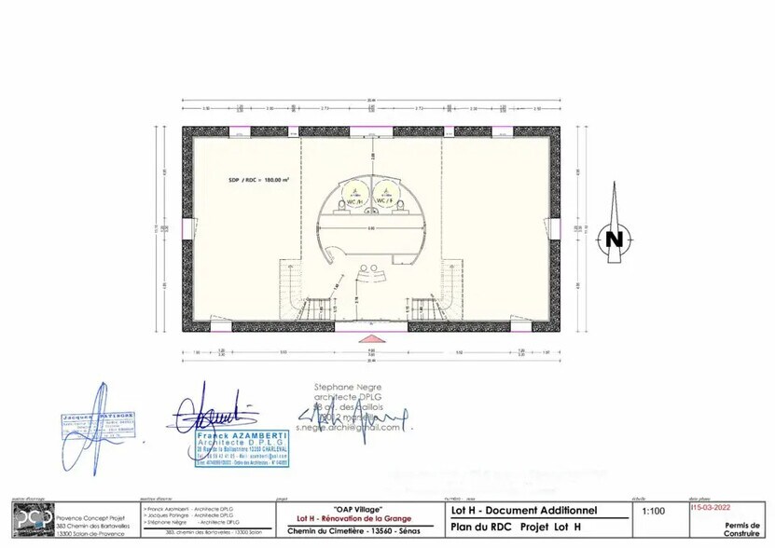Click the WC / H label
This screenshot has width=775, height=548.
[x=355, y=200]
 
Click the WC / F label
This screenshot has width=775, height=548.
[x=383, y=200]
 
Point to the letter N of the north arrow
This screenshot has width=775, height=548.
[x=614, y=239]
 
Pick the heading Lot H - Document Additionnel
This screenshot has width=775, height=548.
[x=523, y=510]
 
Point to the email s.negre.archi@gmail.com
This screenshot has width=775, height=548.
[x=348, y=428]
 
